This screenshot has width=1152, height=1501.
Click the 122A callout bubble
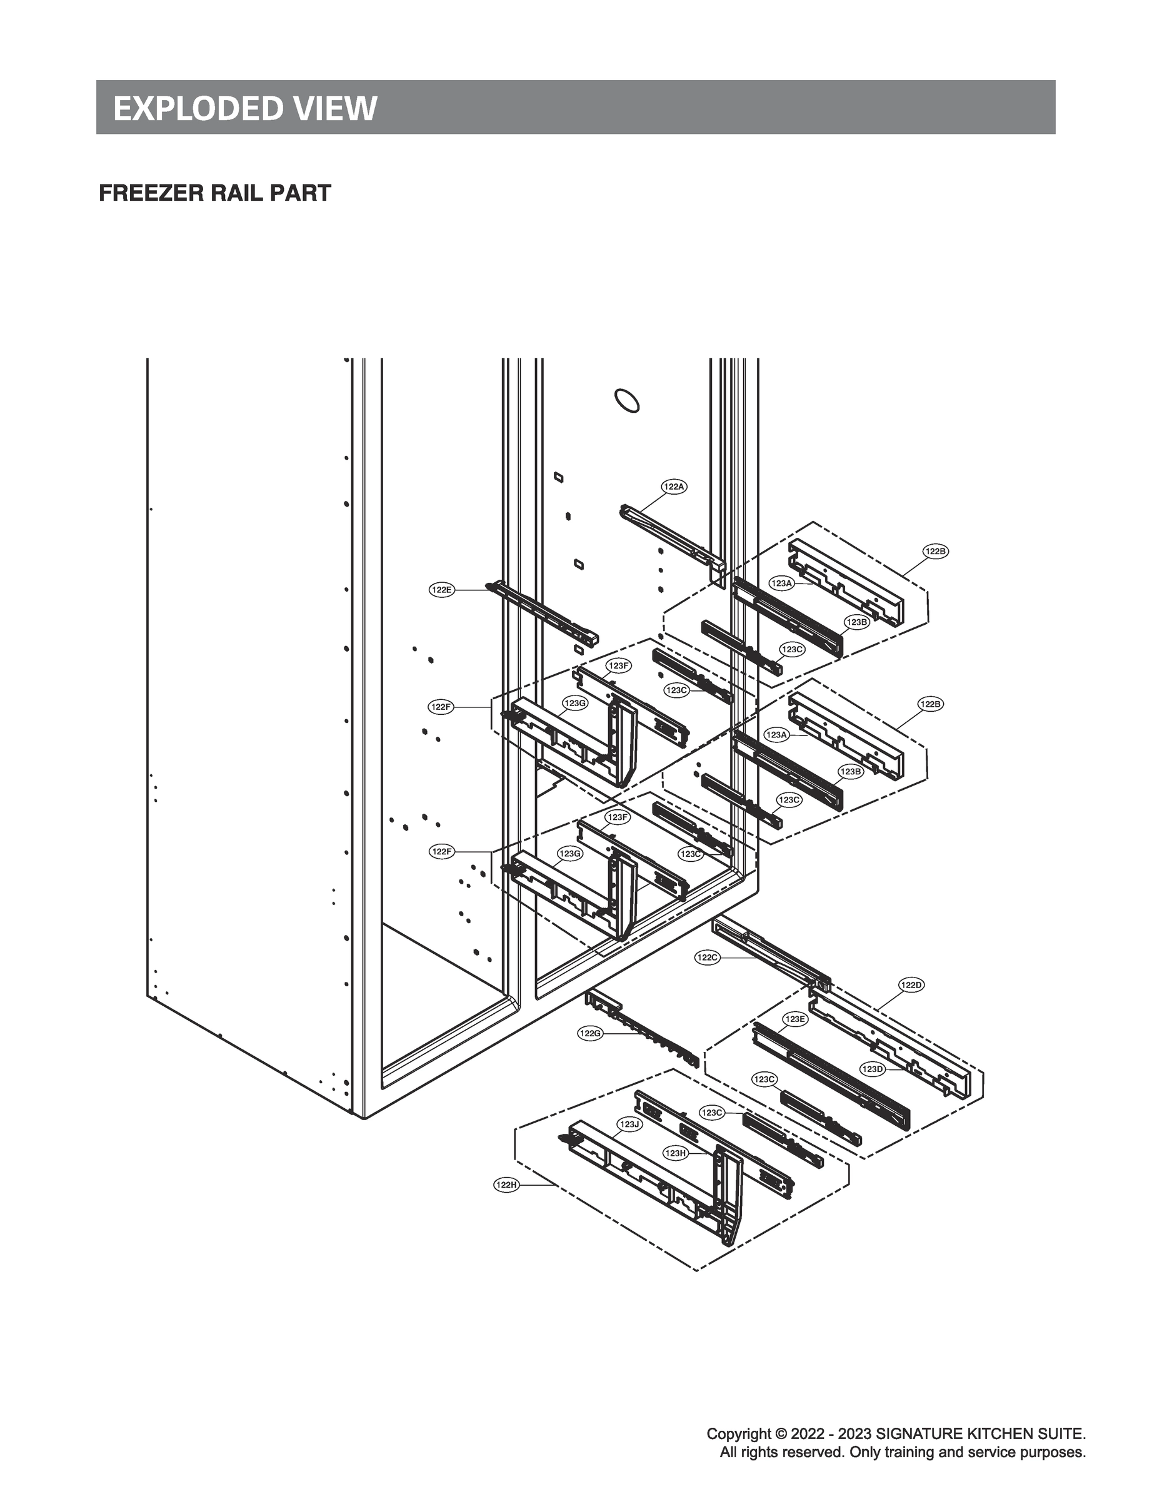[674, 487]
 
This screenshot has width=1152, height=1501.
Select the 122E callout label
[441, 589]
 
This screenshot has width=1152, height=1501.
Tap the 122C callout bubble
[708, 958]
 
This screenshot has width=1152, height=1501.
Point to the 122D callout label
[911, 985]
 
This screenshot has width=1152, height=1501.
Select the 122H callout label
[506, 1185]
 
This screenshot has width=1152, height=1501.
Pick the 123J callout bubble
[629, 1124]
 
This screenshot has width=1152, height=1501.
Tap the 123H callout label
[676, 1153]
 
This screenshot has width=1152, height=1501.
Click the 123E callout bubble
[796, 1019]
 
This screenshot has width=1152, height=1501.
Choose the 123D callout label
[872, 1069]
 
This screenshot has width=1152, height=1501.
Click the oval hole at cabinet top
[627, 401]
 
